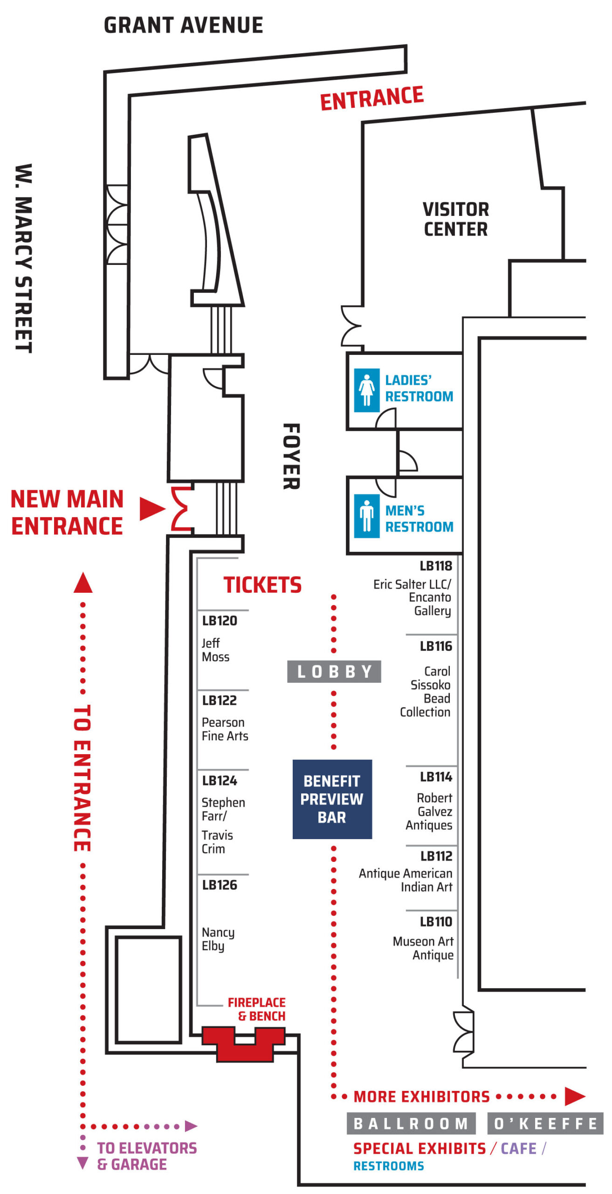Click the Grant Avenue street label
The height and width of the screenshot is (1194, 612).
[183, 25]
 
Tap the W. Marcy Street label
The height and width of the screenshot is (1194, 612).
[23, 258]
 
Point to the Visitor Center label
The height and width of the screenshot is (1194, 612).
[456, 219]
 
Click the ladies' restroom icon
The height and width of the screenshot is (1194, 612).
[367, 390]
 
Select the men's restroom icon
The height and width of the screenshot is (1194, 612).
[367, 516]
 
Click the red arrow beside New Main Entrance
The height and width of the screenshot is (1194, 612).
[152, 508]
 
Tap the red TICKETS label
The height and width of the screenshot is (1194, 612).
[262, 585]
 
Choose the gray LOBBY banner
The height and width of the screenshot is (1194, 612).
[334, 672]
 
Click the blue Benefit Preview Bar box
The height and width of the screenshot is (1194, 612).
[332, 799]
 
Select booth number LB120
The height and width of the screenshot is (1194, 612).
[220, 621]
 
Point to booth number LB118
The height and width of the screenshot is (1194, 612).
[436, 566]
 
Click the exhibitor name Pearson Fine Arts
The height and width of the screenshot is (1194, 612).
[225, 729]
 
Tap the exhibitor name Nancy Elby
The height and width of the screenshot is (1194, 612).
[218, 938]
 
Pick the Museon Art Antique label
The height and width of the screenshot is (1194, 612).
[423, 948]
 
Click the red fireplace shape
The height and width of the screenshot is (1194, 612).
[243, 1044]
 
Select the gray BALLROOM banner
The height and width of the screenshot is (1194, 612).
[411, 1124]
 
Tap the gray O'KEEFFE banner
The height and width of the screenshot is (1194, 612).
[546, 1124]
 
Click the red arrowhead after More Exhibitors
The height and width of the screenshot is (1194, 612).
[575, 1096]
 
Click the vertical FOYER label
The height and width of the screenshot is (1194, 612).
[292, 456]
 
